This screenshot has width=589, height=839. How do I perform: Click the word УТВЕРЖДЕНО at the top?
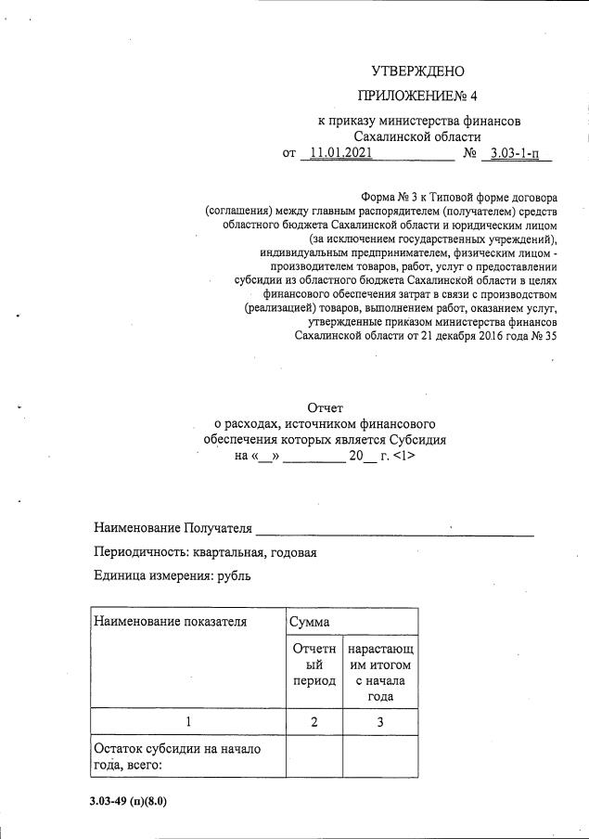coord(417,71)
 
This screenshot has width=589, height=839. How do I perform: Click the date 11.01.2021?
coord(341,153)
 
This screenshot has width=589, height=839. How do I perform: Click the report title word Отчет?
coord(325,407)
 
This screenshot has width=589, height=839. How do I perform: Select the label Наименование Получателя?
coord(173,528)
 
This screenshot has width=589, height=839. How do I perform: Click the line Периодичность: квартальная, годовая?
coord(206,552)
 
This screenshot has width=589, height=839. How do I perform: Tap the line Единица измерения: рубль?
coord(173,575)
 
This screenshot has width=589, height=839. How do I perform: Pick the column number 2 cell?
coord(314,721)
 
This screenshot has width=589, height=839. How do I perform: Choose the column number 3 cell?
coord(379,721)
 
